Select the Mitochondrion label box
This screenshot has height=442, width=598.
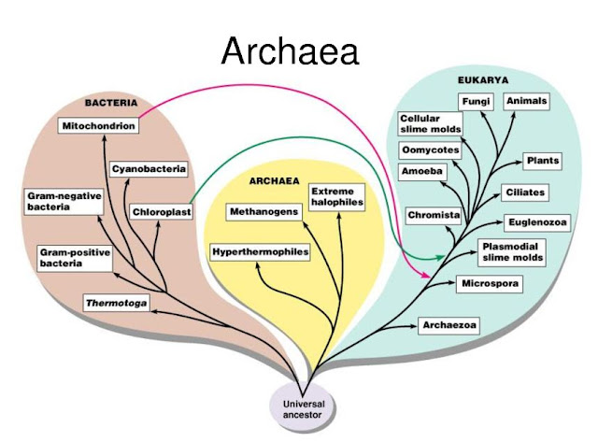coord(98,125)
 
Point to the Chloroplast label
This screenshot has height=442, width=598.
coord(160,211)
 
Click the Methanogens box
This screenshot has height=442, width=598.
coord(263,212)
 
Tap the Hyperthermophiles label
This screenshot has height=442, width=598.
coord(260,252)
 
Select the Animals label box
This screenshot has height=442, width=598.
coord(527,101)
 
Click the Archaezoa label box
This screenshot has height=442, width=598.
coord(448,325)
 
